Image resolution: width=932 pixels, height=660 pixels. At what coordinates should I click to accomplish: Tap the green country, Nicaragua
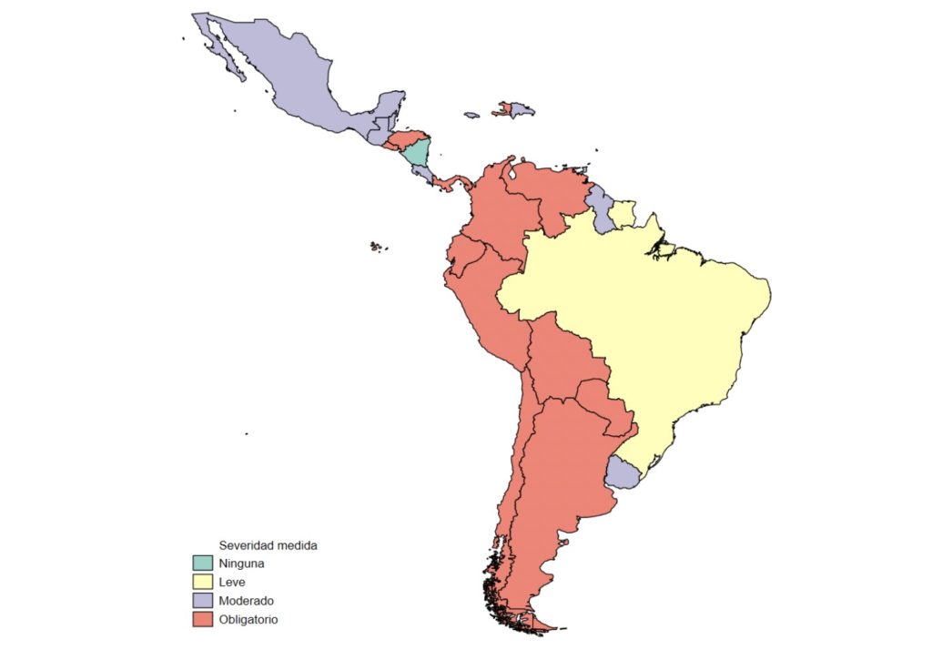(x=416, y=153)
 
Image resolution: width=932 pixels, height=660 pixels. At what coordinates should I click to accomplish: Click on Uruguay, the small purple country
(x=623, y=472)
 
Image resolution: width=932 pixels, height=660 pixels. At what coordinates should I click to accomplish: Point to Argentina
(x=555, y=473)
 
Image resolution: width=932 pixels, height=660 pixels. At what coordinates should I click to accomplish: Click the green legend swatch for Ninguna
(x=202, y=564)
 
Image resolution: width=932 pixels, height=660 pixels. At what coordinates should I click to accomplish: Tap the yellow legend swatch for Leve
(x=202, y=582)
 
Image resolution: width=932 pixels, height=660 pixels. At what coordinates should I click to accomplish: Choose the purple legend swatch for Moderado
(x=202, y=601)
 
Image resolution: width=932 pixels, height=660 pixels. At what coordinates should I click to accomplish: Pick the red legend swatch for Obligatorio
(x=202, y=619)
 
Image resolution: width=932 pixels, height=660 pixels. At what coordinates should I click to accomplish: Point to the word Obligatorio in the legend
(x=248, y=619)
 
